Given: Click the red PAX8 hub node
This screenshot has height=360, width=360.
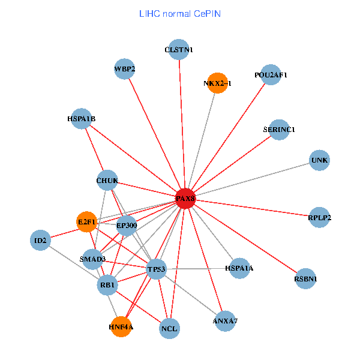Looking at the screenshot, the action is (185, 198).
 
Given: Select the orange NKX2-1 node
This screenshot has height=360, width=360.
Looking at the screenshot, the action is (217, 84).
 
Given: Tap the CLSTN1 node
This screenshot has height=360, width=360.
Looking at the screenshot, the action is (179, 50).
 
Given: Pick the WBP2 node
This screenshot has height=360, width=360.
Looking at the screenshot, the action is (124, 69).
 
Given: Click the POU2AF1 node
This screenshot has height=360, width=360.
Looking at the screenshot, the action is (271, 75).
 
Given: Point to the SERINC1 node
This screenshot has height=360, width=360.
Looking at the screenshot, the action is (279, 130).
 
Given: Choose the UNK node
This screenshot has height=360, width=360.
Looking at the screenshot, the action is (320, 160).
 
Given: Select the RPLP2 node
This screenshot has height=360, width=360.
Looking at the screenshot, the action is (320, 217).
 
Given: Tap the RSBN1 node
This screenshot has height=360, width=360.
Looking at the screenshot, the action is (305, 278).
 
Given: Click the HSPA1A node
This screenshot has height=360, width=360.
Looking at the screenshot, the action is (239, 269).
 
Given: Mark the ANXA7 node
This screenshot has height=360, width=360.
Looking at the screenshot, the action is (225, 321).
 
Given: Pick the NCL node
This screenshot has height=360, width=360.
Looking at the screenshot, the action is (170, 329).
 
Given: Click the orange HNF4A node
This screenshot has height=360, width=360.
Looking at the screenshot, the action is (121, 327).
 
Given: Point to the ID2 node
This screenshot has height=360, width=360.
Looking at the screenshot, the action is (40, 241).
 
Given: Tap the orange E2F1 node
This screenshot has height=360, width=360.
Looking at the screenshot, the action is (87, 222).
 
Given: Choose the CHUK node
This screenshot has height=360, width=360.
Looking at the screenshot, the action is (107, 181).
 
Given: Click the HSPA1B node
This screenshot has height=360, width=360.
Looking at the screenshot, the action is (82, 119).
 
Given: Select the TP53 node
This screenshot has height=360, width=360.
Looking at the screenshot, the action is (155, 269).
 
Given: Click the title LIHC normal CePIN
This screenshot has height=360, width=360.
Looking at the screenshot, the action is (179, 13).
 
